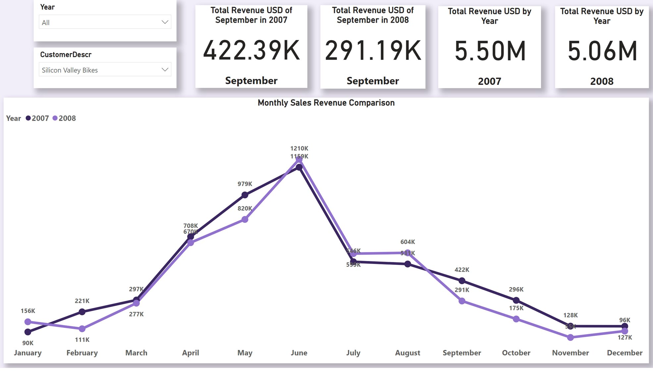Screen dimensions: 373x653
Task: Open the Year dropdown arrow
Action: (165, 22)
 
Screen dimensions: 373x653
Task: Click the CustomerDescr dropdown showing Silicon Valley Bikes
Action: (105, 70)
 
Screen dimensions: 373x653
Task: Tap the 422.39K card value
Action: (251, 51)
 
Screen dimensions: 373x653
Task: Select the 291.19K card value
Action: (373, 51)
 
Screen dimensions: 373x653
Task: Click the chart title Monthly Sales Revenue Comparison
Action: (326, 103)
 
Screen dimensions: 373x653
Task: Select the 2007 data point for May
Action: (245, 195)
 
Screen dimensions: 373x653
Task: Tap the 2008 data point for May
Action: (245, 219)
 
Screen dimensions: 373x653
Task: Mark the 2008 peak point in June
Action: (299, 160)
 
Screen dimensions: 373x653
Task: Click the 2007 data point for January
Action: (28, 332)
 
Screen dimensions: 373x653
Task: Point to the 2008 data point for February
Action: (82, 329)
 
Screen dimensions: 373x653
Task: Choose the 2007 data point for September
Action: (462, 281)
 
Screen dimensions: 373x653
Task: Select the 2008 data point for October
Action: (516, 319)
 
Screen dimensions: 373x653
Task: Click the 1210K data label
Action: (299, 149)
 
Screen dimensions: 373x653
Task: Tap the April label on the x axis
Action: (190, 353)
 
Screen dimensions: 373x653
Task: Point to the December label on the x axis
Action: (625, 353)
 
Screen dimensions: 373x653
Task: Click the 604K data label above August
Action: (408, 242)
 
